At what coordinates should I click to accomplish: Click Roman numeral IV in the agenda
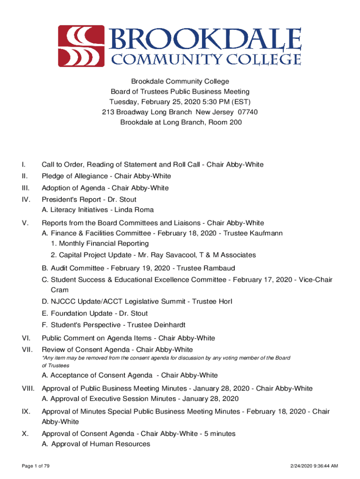point(26,199)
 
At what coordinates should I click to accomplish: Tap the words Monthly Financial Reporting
point(104,243)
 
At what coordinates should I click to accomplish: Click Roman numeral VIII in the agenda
point(28,388)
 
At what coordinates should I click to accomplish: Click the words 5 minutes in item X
point(218,434)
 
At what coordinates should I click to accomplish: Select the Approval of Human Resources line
point(96,444)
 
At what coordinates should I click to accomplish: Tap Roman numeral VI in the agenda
point(26,338)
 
